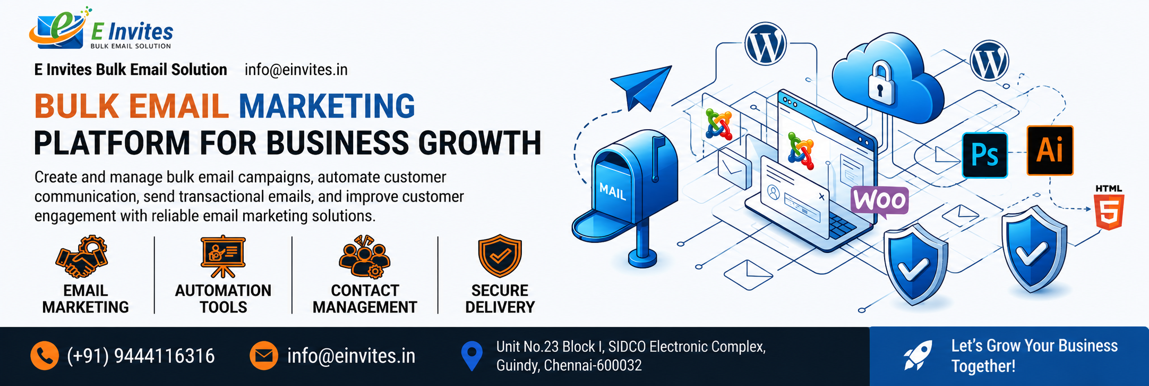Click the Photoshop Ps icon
point(985,155)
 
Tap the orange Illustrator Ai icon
point(1050,150)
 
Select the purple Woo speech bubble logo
point(879,202)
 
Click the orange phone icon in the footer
point(45,356)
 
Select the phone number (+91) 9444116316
point(141,356)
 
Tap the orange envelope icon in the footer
point(264,356)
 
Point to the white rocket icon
point(918,356)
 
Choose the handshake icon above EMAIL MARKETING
point(82,257)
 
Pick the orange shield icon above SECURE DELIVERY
point(500,256)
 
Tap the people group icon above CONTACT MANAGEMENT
point(365,257)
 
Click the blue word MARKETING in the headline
point(327,106)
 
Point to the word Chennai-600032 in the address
point(593,365)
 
